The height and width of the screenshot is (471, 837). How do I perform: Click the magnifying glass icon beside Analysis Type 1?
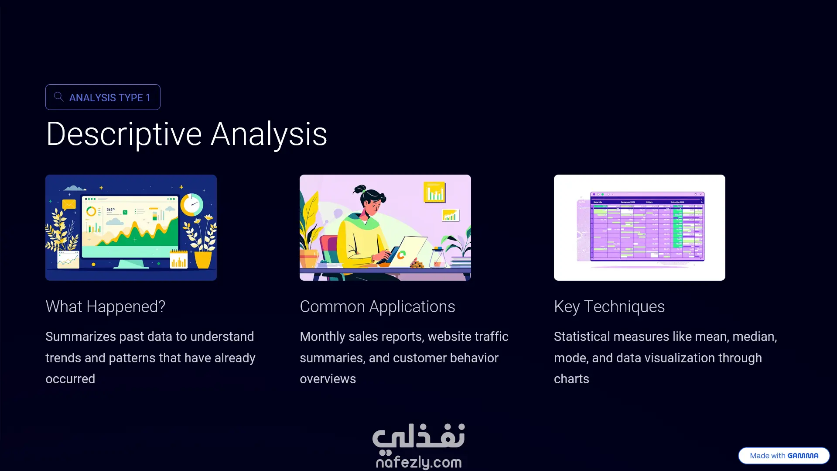click(x=58, y=96)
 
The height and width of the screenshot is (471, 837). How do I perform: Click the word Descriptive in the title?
click(x=124, y=134)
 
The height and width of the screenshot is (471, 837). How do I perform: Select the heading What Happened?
click(x=106, y=306)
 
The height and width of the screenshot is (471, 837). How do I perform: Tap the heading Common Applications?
click(x=377, y=306)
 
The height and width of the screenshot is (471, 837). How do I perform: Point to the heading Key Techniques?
click(x=609, y=306)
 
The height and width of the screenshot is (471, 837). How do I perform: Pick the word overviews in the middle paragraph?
click(x=328, y=379)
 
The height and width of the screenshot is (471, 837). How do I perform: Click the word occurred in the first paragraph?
click(x=70, y=379)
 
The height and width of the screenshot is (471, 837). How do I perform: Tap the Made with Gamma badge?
click(x=784, y=456)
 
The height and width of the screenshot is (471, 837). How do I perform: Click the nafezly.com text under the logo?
click(x=419, y=462)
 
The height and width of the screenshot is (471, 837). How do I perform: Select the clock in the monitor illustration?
click(x=192, y=204)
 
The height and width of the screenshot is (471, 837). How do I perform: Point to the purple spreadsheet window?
click(x=647, y=227)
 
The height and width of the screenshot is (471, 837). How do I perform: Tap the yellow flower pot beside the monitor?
click(x=202, y=260)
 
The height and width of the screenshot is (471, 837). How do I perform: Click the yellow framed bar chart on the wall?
click(x=434, y=193)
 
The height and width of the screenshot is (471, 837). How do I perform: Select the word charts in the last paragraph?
click(x=571, y=379)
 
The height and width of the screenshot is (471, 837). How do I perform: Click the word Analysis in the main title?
click(x=269, y=134)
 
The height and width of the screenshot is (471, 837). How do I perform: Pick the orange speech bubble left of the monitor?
click(x=69, y=204)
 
